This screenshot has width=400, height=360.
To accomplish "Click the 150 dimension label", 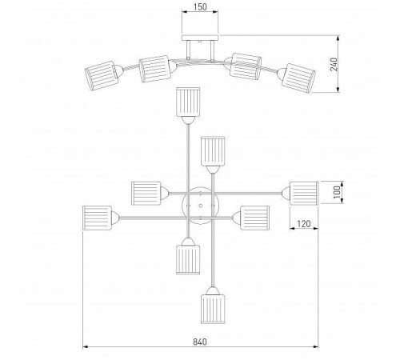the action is click(200, 7).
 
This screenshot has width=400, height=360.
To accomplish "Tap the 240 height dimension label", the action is click(334, 64).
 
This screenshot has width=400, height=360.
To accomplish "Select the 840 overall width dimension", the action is click(200, 342).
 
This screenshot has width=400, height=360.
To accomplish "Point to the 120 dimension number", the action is click(304, 224).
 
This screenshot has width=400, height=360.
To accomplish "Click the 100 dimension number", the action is click(337, 192).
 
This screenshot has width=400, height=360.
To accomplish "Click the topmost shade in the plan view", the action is click(188, 102).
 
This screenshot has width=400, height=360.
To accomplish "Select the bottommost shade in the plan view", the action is click(213, 309).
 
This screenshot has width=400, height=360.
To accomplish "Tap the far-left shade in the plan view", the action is click(97, 218).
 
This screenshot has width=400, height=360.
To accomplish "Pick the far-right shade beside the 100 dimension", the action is click(304, 194).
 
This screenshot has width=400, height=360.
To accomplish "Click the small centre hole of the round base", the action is click(200, 206).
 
